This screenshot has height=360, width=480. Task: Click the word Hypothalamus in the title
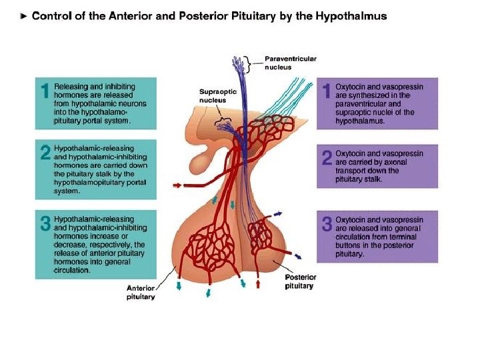(353, 17)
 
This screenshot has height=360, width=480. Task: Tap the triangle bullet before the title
(25, 17)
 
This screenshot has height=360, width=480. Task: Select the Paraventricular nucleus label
(291, 63)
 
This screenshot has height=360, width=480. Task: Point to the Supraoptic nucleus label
(217, 96)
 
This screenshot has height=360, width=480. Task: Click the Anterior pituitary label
(141, 292)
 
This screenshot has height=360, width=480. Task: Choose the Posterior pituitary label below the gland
(299, 281)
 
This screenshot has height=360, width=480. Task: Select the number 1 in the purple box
(327, 91)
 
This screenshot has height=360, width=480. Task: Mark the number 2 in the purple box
(327, 158)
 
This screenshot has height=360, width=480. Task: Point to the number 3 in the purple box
(327, 223)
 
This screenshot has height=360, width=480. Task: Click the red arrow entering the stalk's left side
(181, 187)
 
